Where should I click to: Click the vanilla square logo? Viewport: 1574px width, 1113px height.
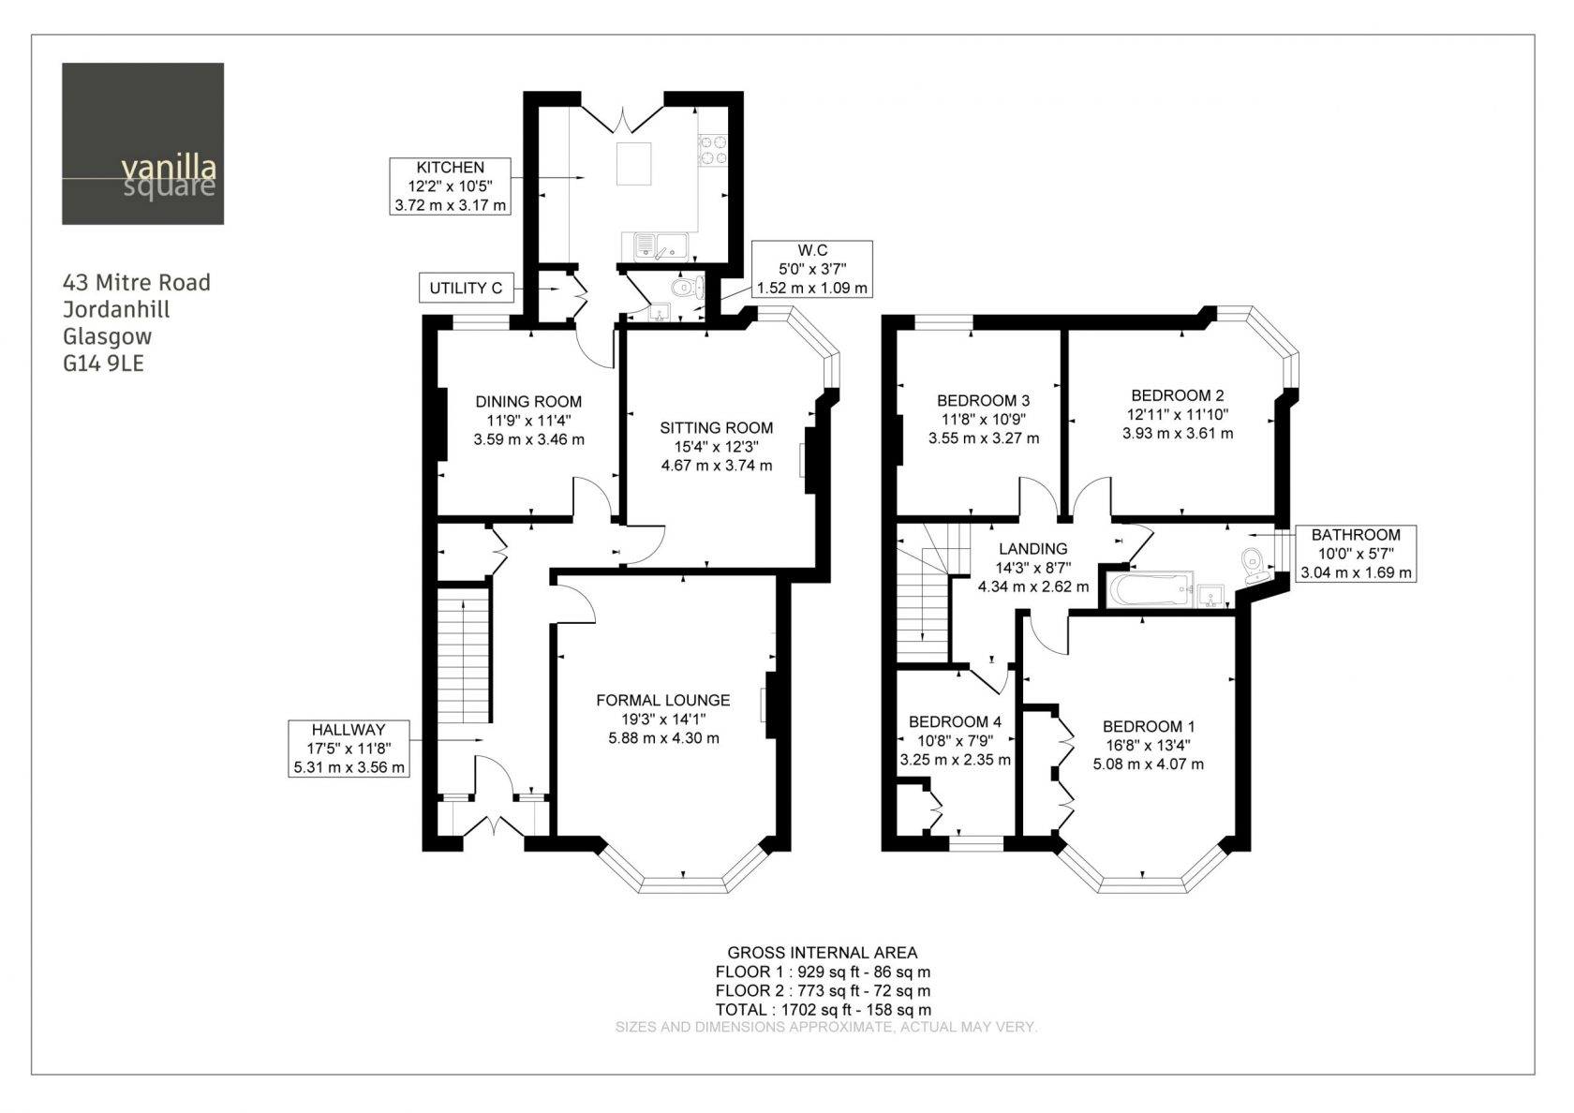click(x=142, y=144)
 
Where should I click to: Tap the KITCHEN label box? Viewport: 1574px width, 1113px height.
click(x=451, y=186)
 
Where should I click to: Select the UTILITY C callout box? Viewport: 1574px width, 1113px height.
click(x=467, y=289)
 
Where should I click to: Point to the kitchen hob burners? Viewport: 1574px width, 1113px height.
click(x=712, y=150)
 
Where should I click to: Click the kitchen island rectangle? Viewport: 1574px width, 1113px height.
click(x=633, y=164)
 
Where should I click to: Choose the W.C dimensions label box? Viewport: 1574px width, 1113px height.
click(x=812, y=269)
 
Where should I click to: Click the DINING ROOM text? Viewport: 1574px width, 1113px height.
click(x=528, y=401)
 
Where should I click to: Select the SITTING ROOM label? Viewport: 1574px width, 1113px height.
click(x=716, y=427)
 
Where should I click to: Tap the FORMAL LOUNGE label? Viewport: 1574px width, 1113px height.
click(x=663, y=700)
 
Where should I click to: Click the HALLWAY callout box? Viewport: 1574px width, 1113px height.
click(x=349, y=749)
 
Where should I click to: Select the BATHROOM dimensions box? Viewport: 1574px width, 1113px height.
click(x=1357, y=554)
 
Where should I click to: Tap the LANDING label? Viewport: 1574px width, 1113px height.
click(x=1032, y=549)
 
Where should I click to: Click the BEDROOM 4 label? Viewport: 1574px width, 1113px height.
click(x=955, y=721)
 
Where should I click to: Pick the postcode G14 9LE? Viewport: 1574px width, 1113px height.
click(x=103, y=364)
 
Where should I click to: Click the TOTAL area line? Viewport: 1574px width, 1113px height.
click(x=823, y=1010)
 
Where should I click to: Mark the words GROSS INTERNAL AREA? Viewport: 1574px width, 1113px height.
click(x=823, y=953)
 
